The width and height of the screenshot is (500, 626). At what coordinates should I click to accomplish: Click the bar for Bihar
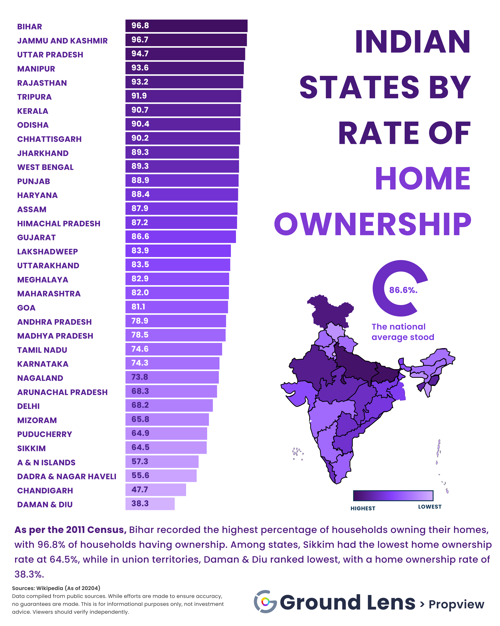186,26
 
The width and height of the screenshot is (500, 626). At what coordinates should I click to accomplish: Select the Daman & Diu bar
150,504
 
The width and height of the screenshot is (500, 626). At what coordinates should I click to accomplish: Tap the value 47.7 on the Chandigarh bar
140,490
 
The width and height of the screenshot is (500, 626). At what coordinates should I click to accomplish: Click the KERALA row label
32,111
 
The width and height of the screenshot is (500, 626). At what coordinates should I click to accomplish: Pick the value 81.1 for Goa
138,307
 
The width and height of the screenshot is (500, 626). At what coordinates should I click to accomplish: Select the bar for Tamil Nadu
174,349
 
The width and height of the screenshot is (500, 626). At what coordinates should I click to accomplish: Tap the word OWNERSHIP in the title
373,224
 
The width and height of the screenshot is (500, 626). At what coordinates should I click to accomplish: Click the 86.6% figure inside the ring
403,290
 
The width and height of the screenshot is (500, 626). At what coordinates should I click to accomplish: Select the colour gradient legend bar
393,495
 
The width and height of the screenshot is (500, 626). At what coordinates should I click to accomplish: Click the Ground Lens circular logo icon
265,602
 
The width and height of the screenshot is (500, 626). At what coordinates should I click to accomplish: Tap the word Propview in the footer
456,604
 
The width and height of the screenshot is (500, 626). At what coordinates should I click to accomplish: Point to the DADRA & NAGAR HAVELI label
67,477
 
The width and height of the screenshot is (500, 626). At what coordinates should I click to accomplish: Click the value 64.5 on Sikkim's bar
140,447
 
